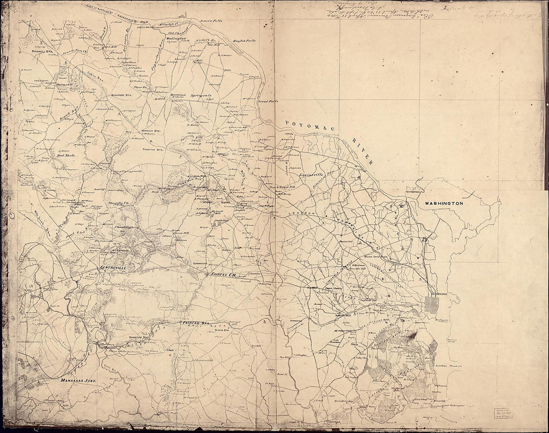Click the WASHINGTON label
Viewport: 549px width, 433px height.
[x=444, y=204]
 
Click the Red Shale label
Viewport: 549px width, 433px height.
[x=66, y=155]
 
